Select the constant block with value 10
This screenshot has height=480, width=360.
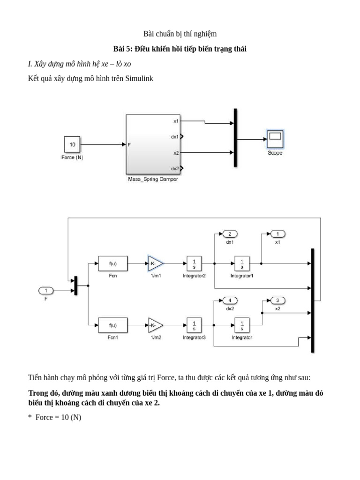click(72, 144)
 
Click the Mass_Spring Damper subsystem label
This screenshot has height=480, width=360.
click(153, 179)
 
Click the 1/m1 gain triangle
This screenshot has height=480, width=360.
click(155, 263)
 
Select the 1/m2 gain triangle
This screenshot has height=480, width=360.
click(155, 324)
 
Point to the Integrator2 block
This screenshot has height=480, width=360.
click(194, 263)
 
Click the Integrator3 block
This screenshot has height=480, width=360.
click(194, 324)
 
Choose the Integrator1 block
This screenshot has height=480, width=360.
click(242, 263)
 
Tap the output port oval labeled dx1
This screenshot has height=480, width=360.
click(230, 234)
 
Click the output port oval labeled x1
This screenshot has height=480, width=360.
click(277, 234)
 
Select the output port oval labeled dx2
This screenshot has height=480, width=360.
click(230, 300)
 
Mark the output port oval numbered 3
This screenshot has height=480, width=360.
click(277, 300)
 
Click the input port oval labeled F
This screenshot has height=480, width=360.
click(46, 291)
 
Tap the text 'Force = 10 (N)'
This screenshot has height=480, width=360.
click(58, 417)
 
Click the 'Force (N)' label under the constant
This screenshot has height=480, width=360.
click(72, 157)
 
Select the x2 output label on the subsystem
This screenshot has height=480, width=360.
click(176, 153)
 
